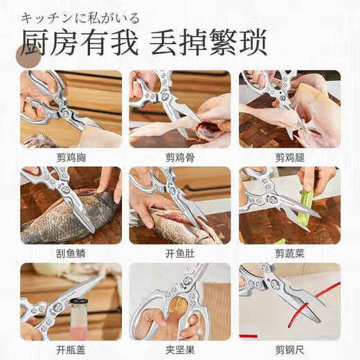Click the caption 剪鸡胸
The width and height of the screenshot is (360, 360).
click(x=71, y=157)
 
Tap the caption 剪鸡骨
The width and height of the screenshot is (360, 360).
click(x=180, y=157)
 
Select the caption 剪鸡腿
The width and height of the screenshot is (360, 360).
click(x=289, y=157)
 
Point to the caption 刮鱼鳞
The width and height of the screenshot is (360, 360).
click(x=71, y=253)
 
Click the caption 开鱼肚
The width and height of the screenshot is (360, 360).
click(x=180, y=253)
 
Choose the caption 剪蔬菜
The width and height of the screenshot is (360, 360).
click(x=289, y=253)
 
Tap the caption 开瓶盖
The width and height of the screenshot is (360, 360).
click(x=71, y=350)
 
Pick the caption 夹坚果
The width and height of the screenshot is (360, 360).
click(x=180, y=350)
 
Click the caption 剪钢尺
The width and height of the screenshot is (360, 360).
click(x=289, y=350)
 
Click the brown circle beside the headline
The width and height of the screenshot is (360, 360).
click(x=28, y=55)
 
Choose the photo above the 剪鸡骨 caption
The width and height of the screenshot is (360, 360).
click(x=180, y=109)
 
